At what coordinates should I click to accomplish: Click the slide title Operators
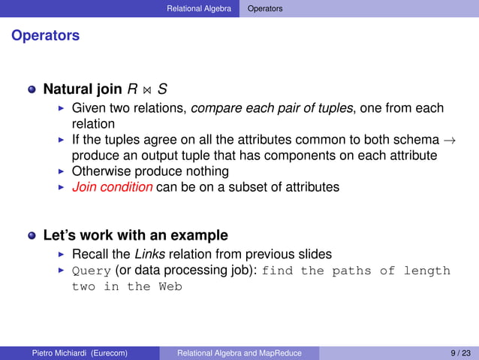click(45, 35)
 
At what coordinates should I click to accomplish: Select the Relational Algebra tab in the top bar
click(199, 8)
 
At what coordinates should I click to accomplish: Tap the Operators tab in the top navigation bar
click(266, 8)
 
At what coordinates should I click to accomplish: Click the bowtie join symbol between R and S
click(148, 90)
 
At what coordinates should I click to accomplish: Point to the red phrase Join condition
click(112, 187)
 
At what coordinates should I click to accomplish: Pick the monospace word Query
click(92, 271)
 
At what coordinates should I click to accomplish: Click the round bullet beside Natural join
click(32, 89)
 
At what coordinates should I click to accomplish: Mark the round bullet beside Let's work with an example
click(32, 236)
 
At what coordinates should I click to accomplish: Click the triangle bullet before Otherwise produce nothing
click(62, 171)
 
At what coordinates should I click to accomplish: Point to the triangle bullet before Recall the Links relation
click(62, 255)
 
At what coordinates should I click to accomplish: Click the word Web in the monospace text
click(170, 286)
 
